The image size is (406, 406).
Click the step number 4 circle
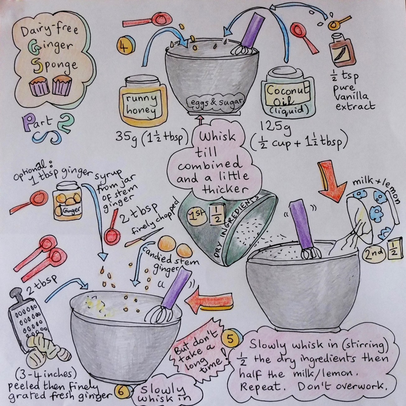(126, 45)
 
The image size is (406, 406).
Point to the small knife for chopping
(144, 237)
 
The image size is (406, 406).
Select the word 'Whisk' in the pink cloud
(217, 137)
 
